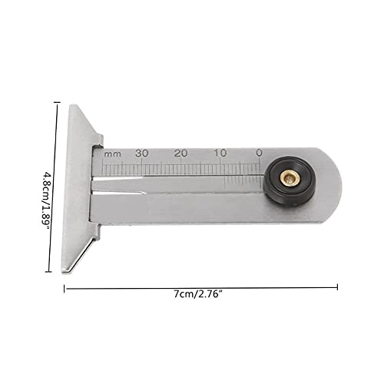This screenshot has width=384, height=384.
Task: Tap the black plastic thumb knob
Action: pos(288,180)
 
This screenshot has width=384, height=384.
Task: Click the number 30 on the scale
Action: pos(141,153)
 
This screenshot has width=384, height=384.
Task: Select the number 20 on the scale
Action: pos(181,153)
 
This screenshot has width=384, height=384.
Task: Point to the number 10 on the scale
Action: pos(220,153)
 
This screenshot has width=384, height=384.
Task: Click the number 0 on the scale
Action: pos(259,153)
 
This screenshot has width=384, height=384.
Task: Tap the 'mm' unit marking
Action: pos(113,154)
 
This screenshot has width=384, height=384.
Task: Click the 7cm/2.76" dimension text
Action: pos(197,294)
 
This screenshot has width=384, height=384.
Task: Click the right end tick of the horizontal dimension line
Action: pos(337,286)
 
